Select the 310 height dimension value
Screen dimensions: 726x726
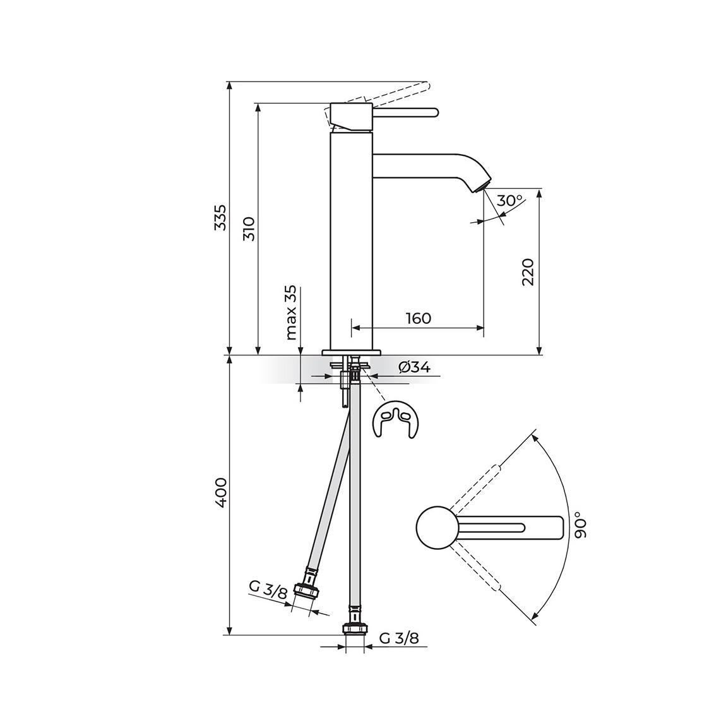point(248,229)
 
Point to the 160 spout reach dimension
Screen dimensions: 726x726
point(418,318)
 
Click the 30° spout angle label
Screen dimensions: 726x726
point(509,201)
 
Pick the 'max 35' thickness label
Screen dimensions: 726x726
point(290,313)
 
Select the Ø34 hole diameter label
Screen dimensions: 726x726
point(415,367)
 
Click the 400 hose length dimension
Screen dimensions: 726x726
point(219,492)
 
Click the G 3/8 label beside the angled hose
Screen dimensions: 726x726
point(268,592)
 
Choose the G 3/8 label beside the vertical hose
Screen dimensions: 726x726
point(399,638)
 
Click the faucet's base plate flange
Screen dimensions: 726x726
point(352,352)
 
